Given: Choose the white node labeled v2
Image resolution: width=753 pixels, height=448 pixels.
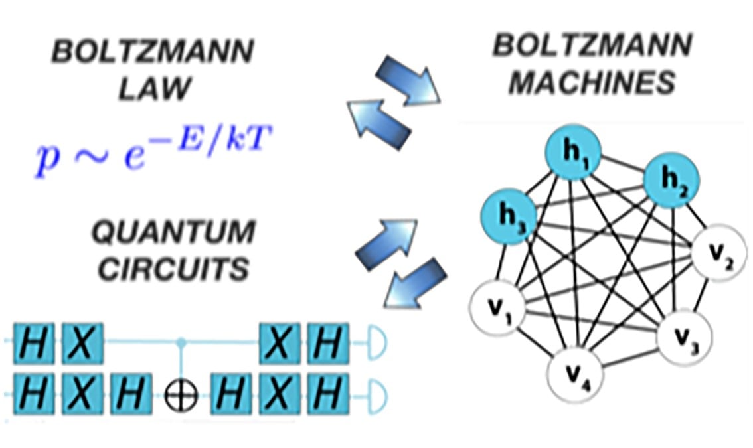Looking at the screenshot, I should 719,255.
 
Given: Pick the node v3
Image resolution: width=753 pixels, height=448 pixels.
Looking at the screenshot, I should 685,336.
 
